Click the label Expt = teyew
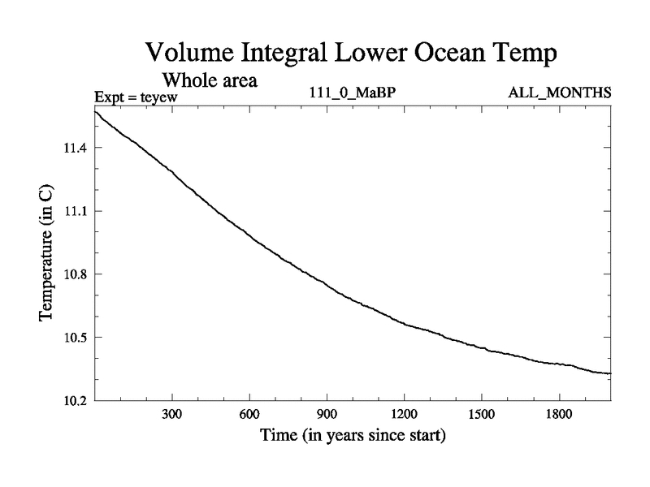tap(136, 97)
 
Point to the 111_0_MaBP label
tap(353, 93)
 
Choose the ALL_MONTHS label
tap(559, 93)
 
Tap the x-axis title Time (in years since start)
tap(353, 436)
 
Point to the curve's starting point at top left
tap(96, 111)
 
